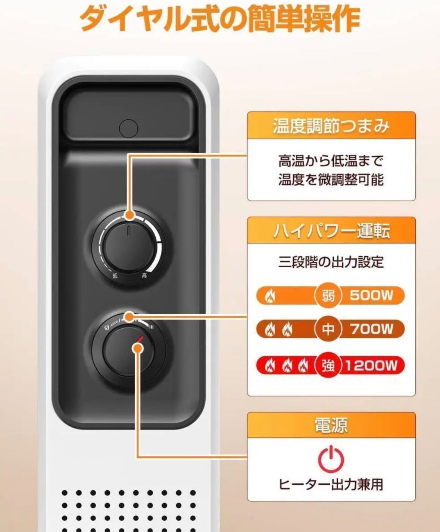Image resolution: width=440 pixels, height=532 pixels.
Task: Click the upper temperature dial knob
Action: [x=128, y=246]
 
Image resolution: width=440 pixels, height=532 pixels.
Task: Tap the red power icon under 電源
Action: [x=331, y=459]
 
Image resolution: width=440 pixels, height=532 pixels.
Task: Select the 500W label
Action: [x=372, y=296]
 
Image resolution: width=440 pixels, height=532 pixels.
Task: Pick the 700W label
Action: [x=372, y=329]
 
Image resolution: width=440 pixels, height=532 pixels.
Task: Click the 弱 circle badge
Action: [x=328, y=296]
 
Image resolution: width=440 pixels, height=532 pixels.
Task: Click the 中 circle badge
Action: [x=328, y=329]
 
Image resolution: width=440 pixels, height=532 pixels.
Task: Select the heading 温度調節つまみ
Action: [x=331, y=126]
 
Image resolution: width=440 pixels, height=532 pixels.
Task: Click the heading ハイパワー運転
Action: [x=331, y=231]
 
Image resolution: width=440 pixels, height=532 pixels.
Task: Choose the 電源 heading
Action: [x=331, y=425]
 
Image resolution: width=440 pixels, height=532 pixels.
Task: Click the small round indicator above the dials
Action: [x=128, y=128]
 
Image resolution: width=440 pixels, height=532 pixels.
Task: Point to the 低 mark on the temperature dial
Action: [x=115, y=276]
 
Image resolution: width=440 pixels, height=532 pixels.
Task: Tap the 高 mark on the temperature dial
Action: [x=144, y=276]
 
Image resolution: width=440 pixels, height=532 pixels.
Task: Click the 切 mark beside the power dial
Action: [x=107, y=328]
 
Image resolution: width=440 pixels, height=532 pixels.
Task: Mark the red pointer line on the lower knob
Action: [x=140, y=339]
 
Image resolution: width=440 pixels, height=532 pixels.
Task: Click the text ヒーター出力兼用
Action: [x=331, y=484]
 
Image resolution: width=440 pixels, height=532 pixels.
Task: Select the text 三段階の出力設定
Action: [x=331, y=262]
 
